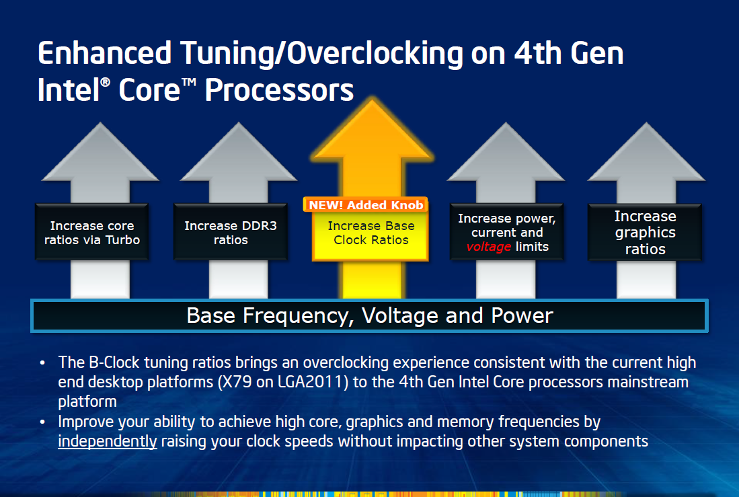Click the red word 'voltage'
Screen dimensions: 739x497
point(489,247)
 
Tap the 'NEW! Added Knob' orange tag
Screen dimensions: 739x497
point(366,205)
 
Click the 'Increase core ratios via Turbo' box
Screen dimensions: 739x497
point(92,232)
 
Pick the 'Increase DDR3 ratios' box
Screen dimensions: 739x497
point(231,232)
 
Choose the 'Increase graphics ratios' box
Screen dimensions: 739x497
point(646,232)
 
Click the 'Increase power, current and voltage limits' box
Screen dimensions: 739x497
point(507,232)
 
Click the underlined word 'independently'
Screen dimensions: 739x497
point(108,441)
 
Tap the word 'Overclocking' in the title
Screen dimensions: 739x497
point(375,54)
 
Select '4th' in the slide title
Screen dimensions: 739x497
point(537,53)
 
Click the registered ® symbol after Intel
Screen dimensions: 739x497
point(106,82)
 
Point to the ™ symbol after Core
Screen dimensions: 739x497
point(189,82)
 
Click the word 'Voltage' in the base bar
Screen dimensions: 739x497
point(400,315)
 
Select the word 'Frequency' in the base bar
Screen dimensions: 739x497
point(299,316)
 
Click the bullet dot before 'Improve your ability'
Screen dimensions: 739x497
point(42,422)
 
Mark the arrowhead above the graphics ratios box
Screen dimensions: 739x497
point(646,151)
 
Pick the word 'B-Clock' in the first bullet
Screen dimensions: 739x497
point(114,362)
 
